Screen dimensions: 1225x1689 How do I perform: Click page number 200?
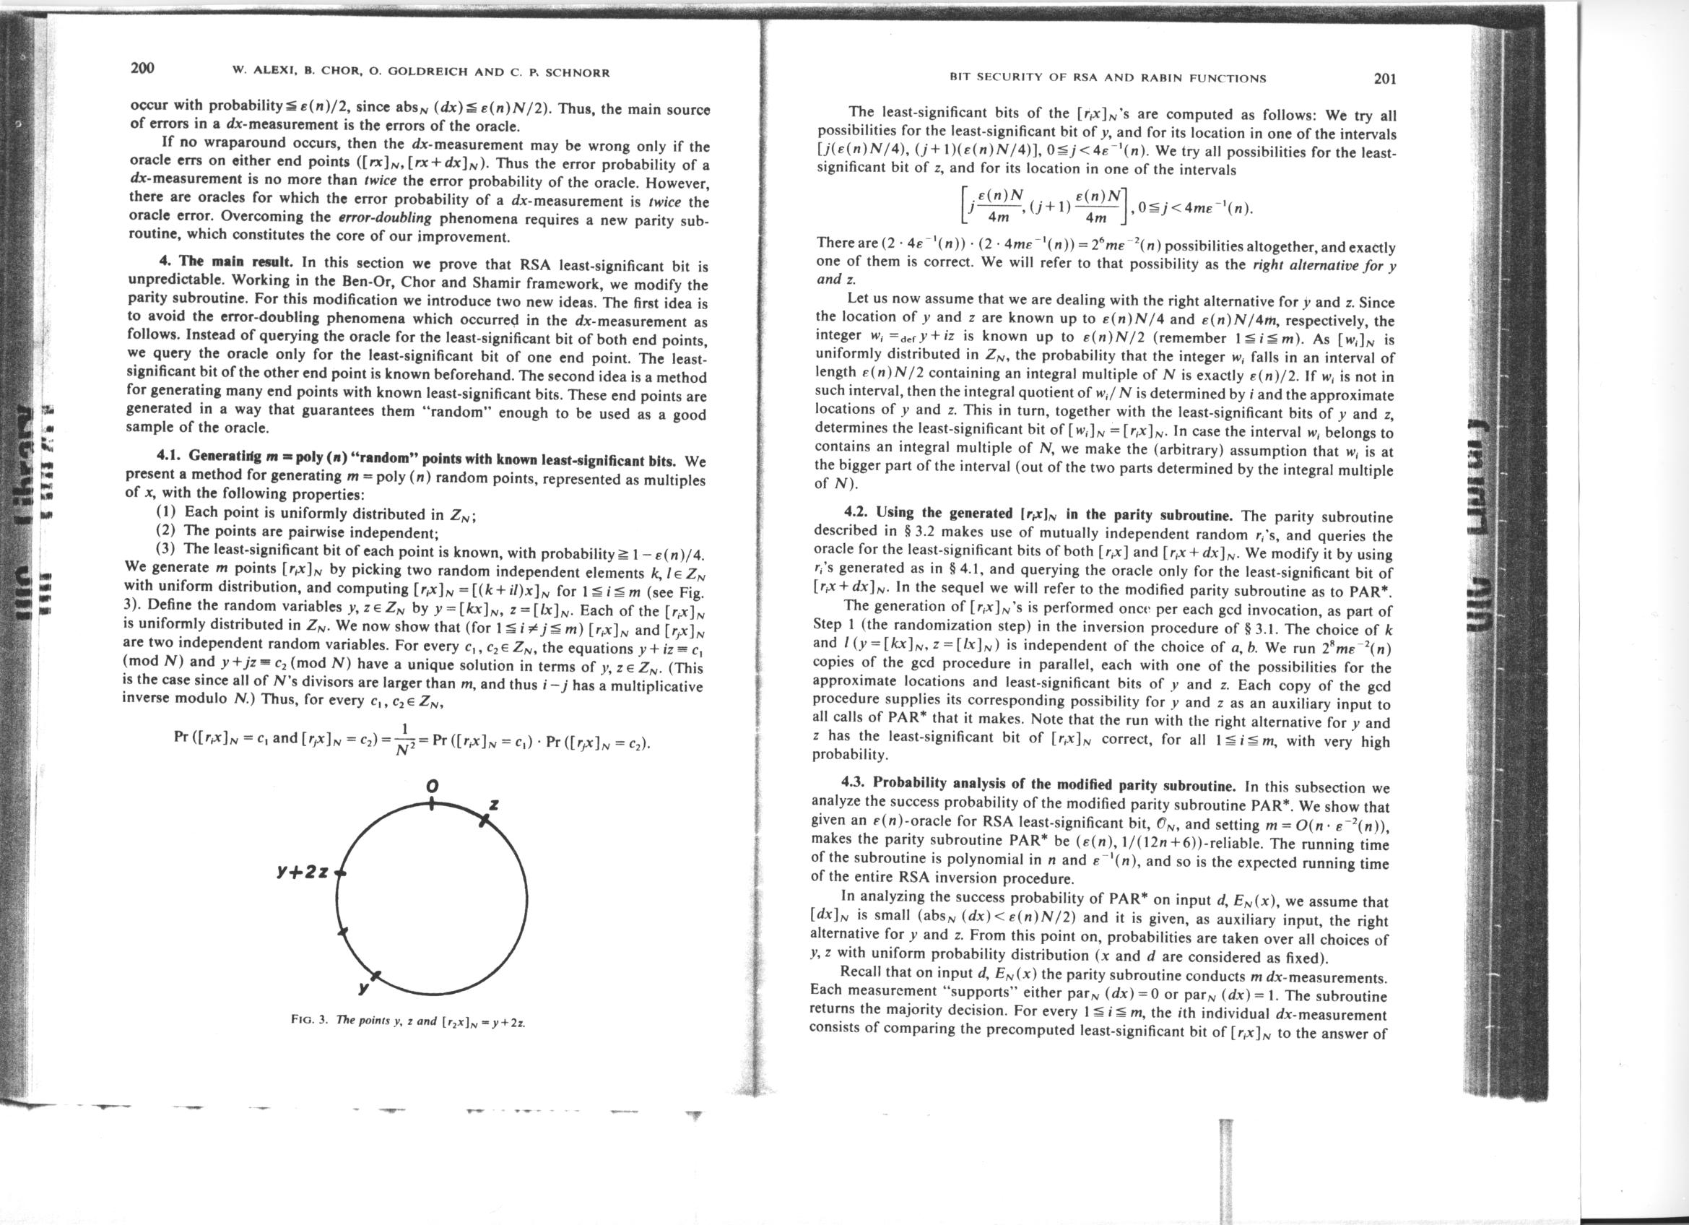tap(142, 69)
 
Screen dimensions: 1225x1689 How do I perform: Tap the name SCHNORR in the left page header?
tap(578, 72)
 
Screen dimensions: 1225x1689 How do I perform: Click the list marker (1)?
tap(166, 512)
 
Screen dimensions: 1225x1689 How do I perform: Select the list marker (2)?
tap(166, 531)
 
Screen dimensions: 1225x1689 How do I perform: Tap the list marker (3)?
tap(166, 550)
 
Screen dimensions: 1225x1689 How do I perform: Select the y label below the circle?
tap(362, 989)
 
